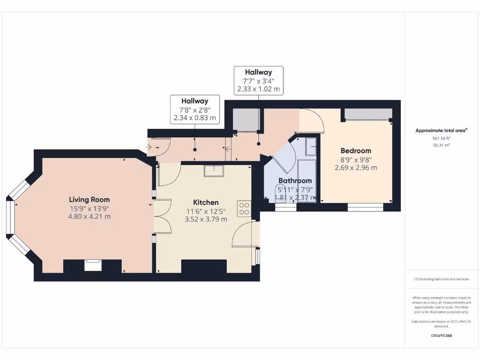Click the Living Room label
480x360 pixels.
click(90, 199)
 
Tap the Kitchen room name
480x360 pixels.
click(206, 202)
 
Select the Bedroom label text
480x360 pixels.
click(356, 151)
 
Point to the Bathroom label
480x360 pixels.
click(295, 180)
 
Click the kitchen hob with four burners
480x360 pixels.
click(244, 208)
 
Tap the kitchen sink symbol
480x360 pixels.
click(214, 170)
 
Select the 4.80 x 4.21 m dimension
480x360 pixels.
click(90, 216)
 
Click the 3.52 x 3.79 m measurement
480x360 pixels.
click(206, 219)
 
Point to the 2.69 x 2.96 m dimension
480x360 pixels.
click(356, 167)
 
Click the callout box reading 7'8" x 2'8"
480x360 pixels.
click(195, 110)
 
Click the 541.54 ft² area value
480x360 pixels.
click(441, 138)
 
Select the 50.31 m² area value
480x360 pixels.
click(441, 145)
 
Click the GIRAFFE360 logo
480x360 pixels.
click(441, 336)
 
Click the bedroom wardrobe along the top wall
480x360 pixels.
click(368, 114)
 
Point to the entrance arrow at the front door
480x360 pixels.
click(150, 147)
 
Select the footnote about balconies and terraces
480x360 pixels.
click(441, 279)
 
